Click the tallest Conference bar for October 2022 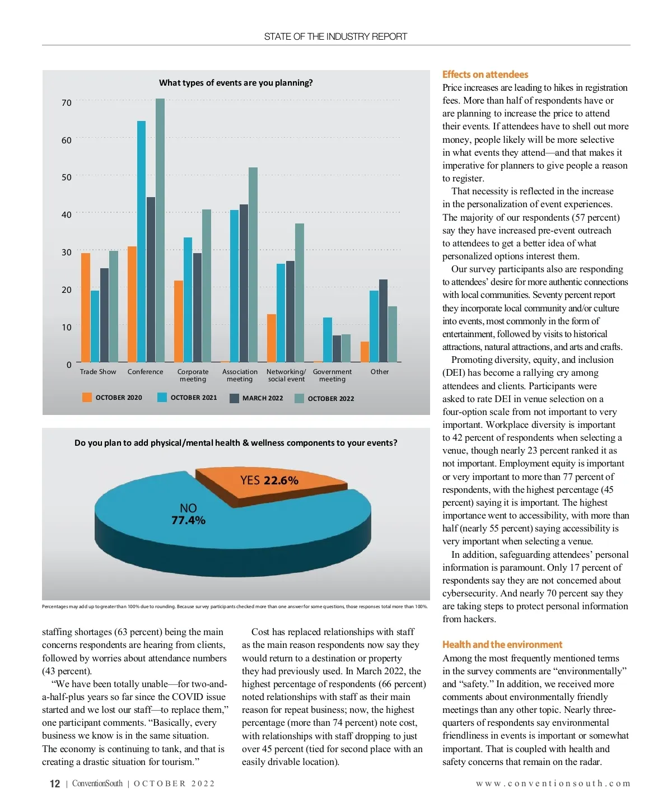coord(160,230)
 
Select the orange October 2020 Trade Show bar coord(86,307)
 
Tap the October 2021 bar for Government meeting coord(328,339)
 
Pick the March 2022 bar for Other coord(383,320)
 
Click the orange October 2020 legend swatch coord(87,398)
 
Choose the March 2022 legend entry coord(256,398)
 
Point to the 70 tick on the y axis coord(67,102)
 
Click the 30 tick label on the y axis coord(67,252)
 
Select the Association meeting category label coord(240,375)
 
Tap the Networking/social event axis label coord(286,375)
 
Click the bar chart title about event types coord(236,83)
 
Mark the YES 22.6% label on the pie coord(269,480)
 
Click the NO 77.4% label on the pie coord(188,514)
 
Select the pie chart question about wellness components coord(236,443)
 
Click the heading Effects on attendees coord(485,74)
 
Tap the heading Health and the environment coord(502,645)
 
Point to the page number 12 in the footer coord(55,783)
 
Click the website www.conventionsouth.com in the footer coord(553,783)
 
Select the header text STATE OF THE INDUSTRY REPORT coord(335,36)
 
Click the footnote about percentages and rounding coord(235,606)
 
